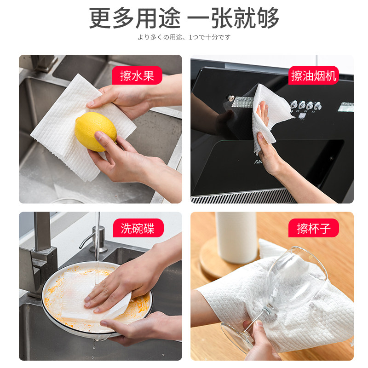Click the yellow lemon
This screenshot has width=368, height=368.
pos(96,132)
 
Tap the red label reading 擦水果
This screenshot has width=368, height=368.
pos(137,75)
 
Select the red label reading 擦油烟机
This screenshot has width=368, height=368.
pos(314,75)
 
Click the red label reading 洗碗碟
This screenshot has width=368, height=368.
pos(138,228)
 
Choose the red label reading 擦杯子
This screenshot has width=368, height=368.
pos(314,228)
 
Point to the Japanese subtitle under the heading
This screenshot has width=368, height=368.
pos(184,37)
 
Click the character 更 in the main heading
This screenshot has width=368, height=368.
pos(100,18)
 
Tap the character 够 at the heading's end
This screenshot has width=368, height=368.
pos(268,18)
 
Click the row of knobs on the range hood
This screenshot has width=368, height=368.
pos(306,105)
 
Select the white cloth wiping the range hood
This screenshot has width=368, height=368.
pos(270,117)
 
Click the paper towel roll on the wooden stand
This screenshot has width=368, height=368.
pos(236,237)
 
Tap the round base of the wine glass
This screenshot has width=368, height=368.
pos(237,338)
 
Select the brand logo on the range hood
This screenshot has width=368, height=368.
pos(258,162)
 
